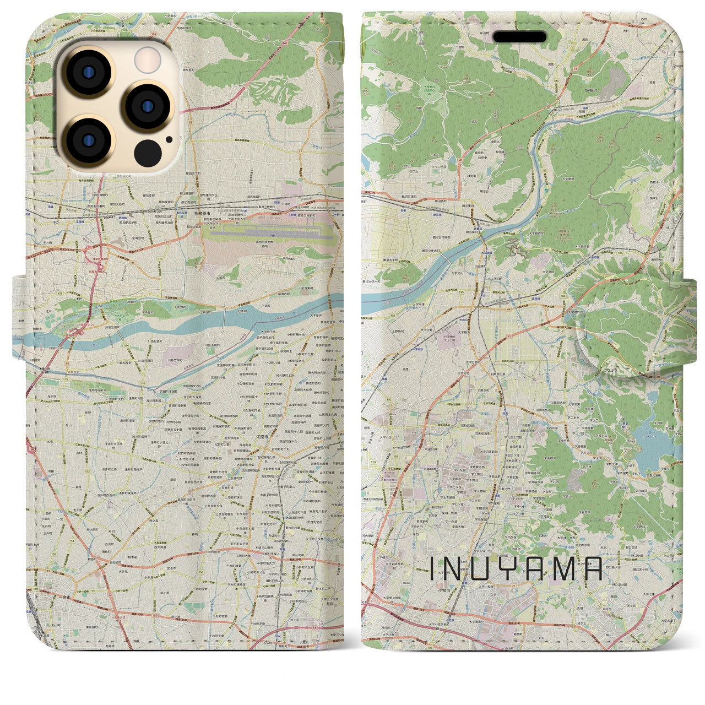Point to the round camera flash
(x=148, y=59)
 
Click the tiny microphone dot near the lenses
(x=168, y=139)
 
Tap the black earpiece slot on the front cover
(x=519, y=37)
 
